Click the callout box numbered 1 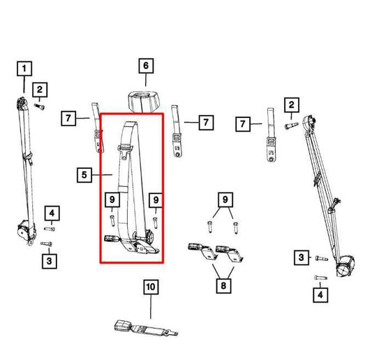pyautogui.click(x=24, y=68)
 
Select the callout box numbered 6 pyautogui.click(x=145, y=67)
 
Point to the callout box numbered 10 pyautogui.click(x=151, y=286)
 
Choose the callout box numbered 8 pyautogui.click(x=222, y=285)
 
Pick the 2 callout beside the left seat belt pyautogui.click(x=40, y=89)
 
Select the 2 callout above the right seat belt pyautogui.click(x=291, y=106)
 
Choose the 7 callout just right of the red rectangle pyautogui.click(x=206, y=123)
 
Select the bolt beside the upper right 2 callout pyautogui.click(x=292, y=125)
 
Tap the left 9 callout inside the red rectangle pyautogui.click(x=112, y=201)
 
